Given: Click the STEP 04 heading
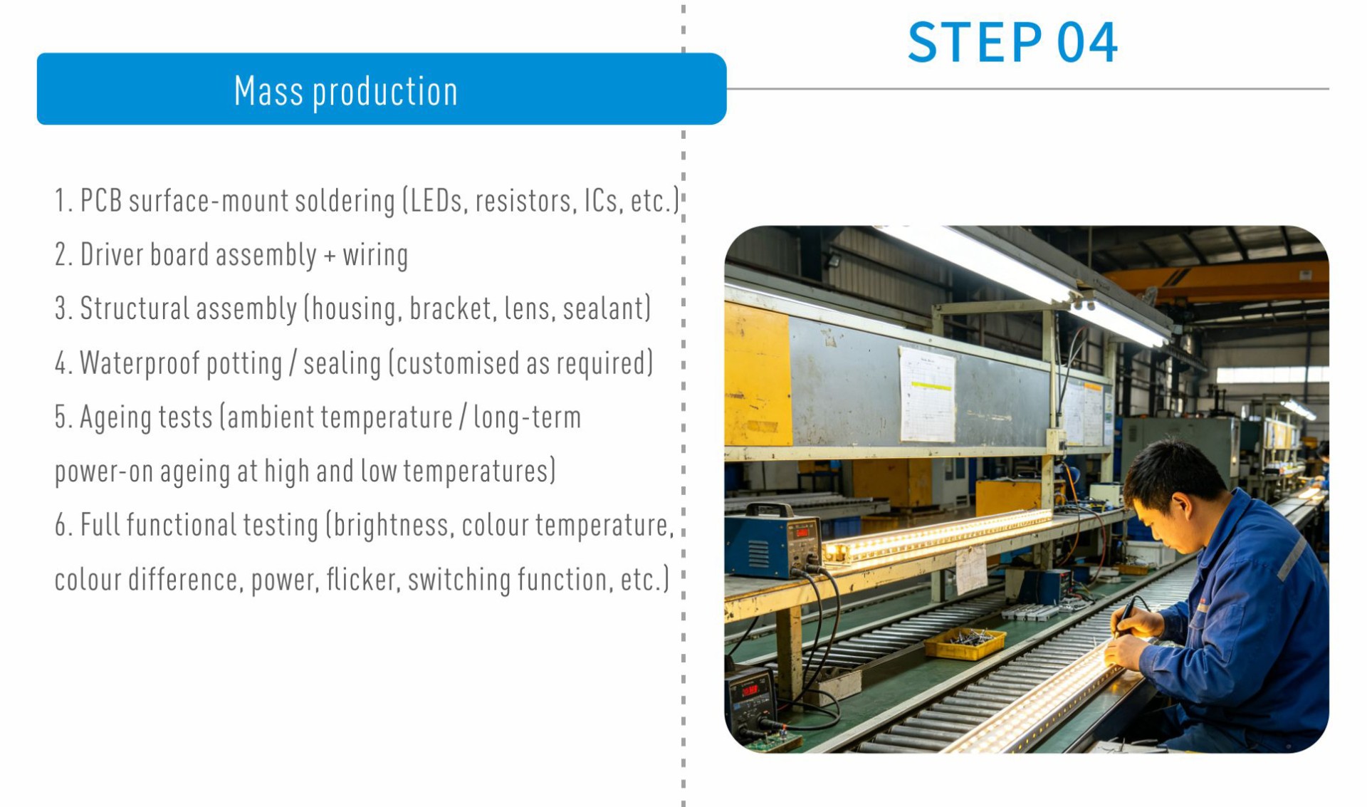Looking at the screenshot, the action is click(1012, 43).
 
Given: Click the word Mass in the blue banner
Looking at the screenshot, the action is click(268, 91).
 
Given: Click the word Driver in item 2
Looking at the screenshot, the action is click(112, 254).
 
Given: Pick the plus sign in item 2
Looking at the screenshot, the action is click(330, 256).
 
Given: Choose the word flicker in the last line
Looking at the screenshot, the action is click(362, 580).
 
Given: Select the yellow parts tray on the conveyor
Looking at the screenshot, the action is click(965, 643).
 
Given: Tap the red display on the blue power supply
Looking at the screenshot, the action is click(802, 532).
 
